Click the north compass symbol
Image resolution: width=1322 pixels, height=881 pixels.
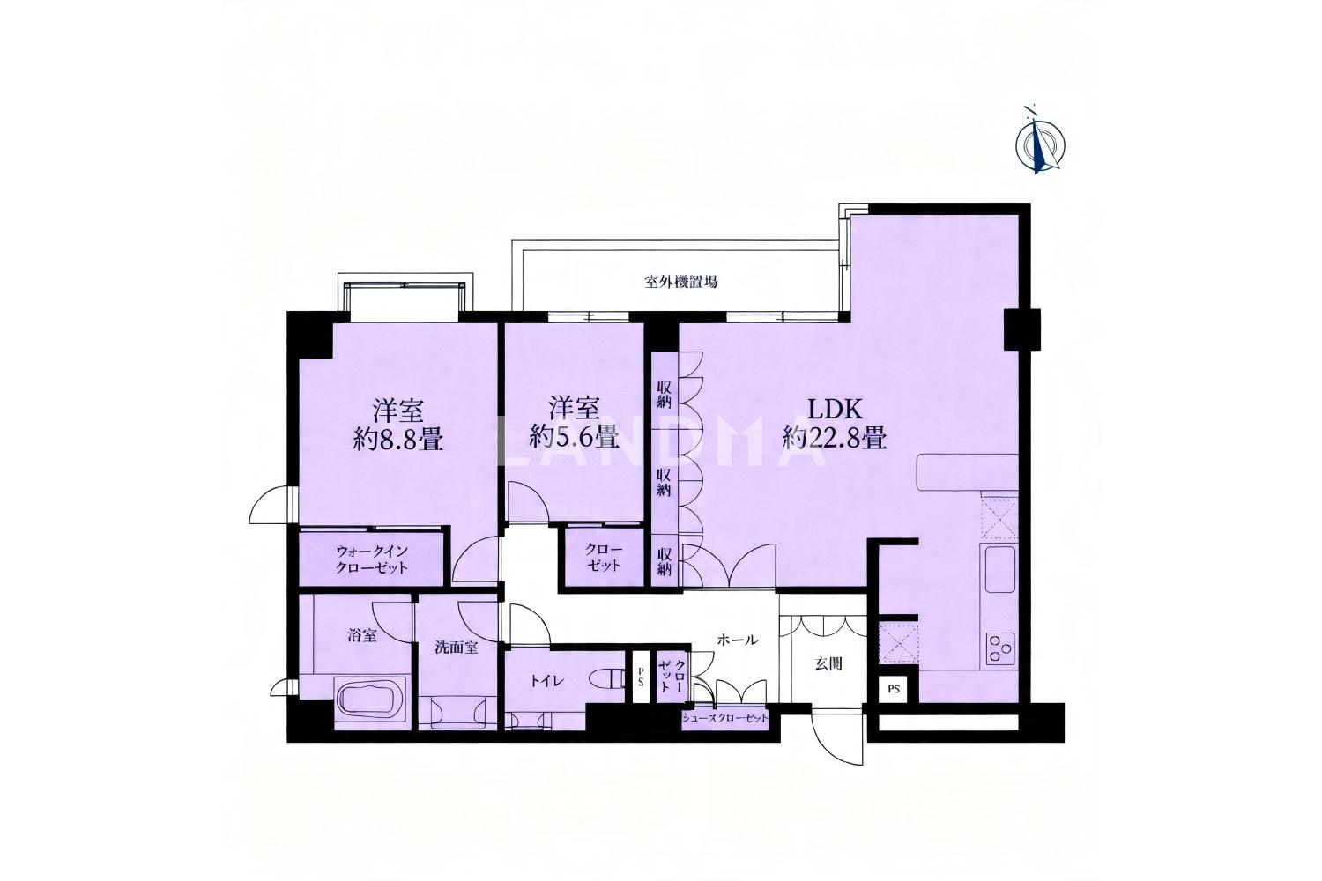coord(1040,142)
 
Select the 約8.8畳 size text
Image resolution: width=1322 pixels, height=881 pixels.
coord(398,440)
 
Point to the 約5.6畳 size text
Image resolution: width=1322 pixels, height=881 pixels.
coord(575,437)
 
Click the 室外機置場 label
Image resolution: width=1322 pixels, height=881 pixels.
coord(680,282)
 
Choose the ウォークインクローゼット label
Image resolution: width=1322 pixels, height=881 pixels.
coord(372,559)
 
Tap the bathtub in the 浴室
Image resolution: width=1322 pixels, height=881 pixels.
coord(371,700)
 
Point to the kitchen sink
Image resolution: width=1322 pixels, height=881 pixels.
coord(999,570)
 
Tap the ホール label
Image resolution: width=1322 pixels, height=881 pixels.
coord(738,640)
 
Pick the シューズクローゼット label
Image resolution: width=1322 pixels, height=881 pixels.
coord(725,719)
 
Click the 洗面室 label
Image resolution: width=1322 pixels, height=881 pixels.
coord(457,648)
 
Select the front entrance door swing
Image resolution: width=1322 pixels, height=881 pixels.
coord(837,738)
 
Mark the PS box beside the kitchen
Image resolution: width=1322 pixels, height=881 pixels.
coord(895,689)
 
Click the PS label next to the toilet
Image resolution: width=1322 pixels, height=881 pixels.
coord(641,677)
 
